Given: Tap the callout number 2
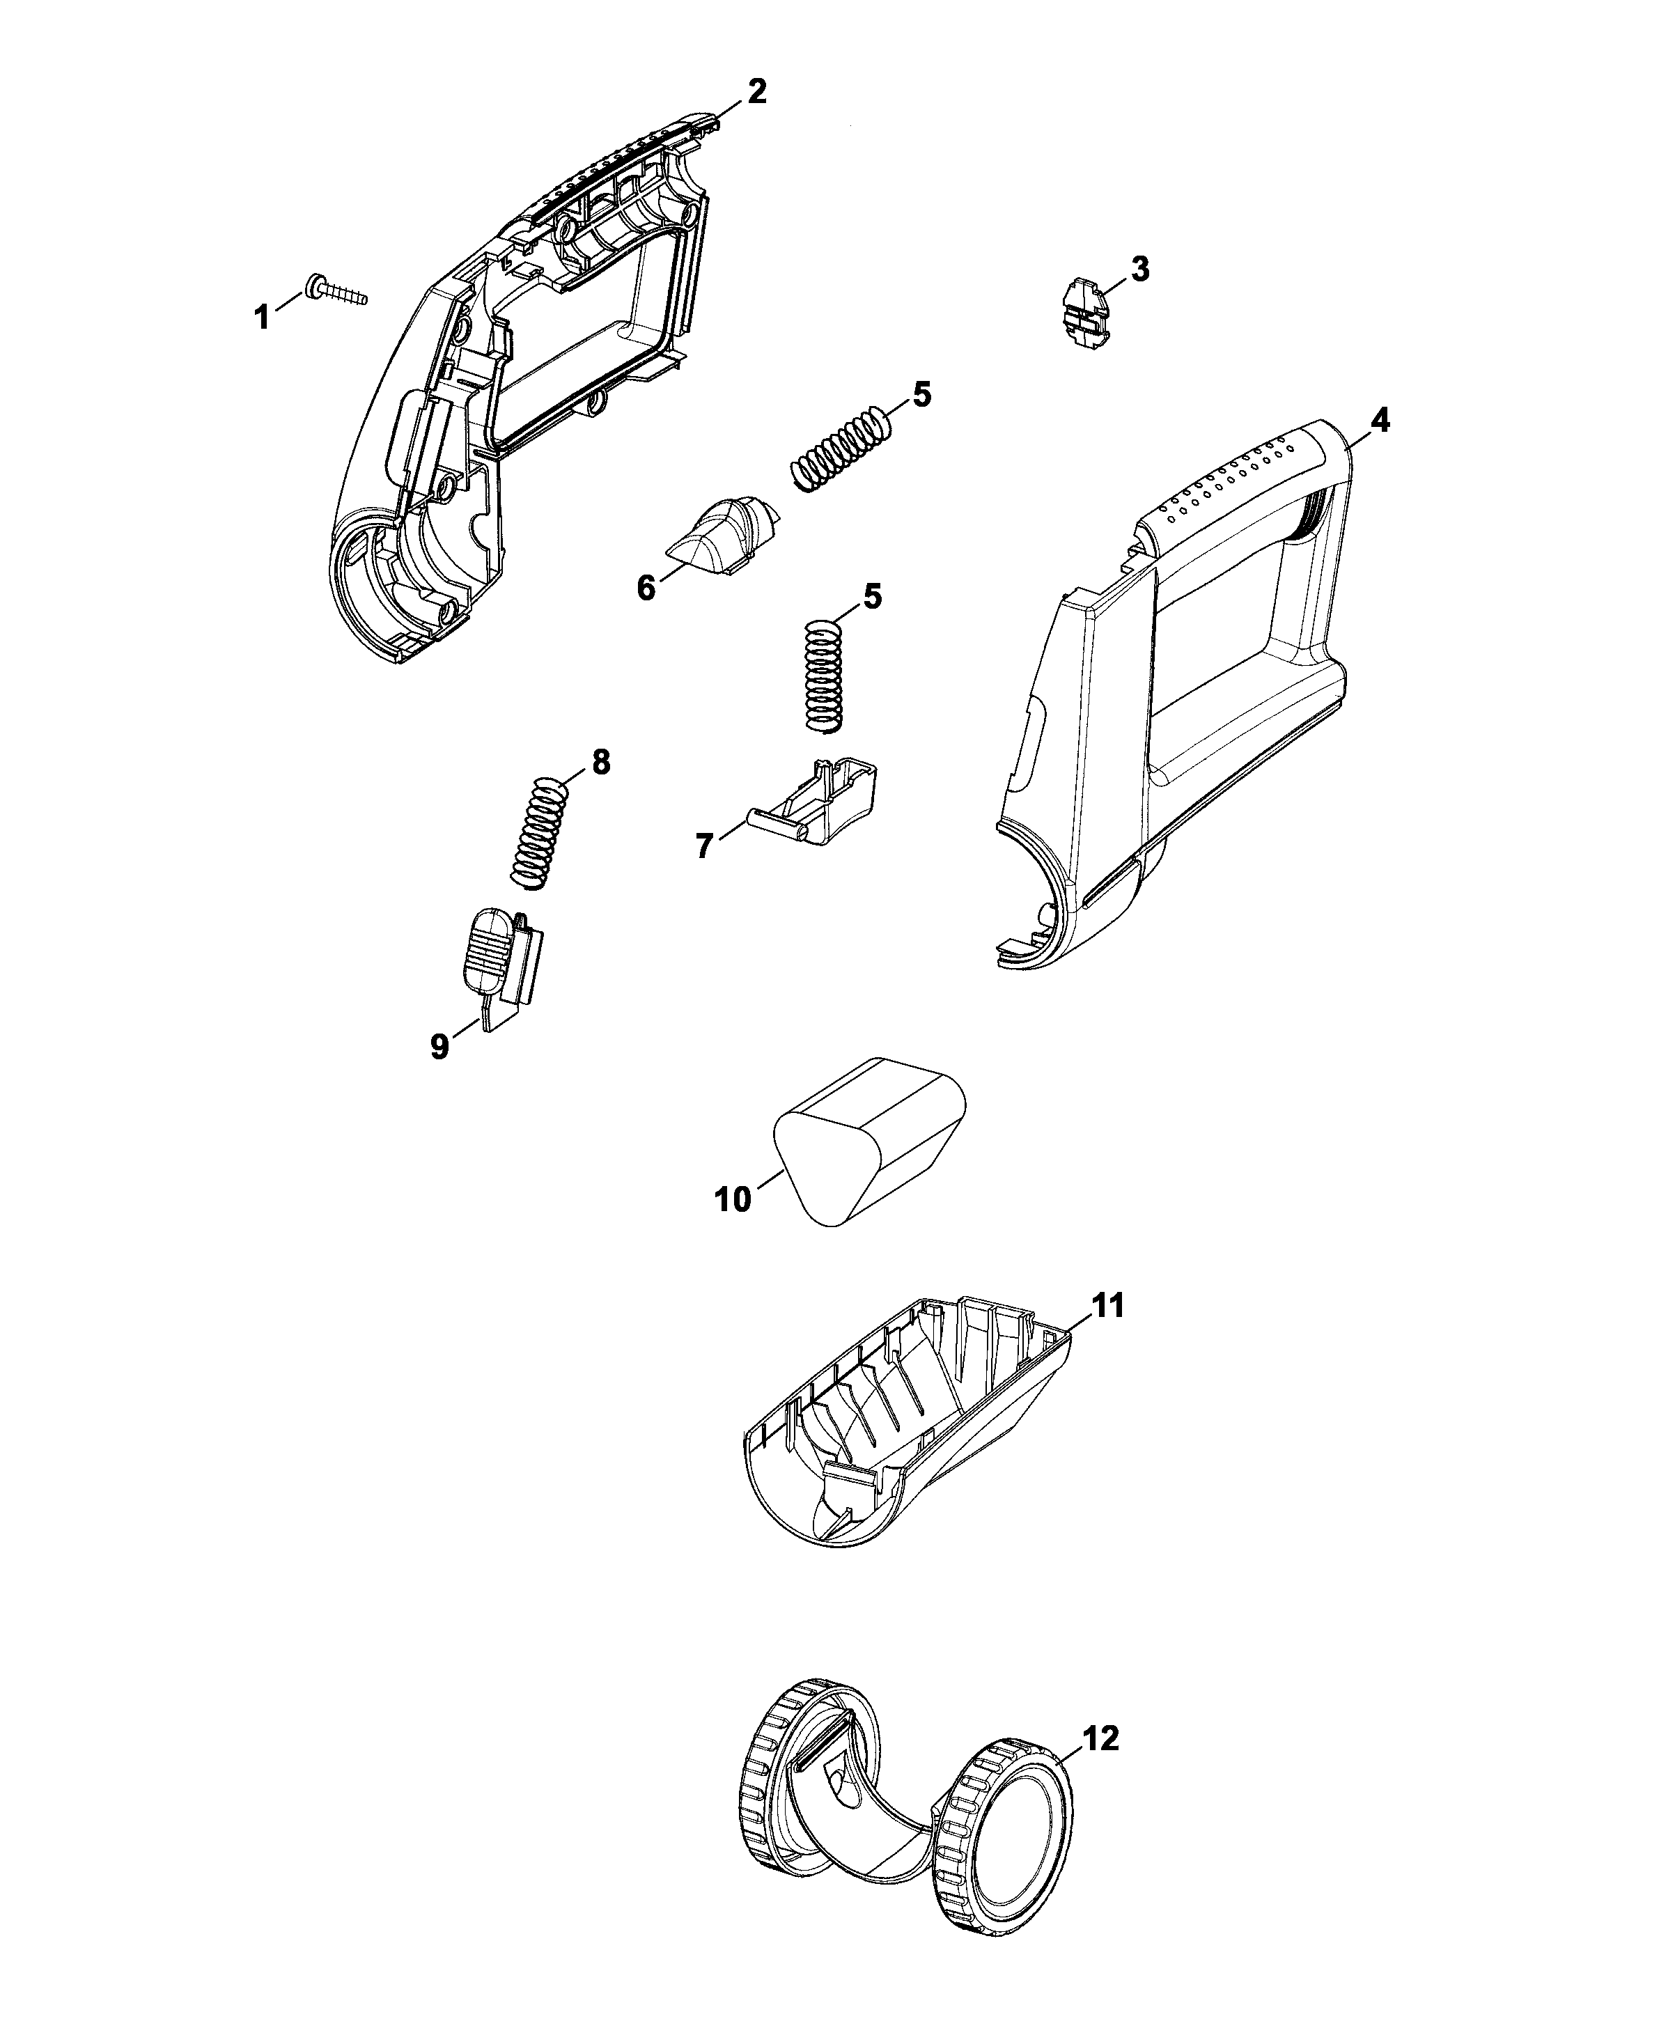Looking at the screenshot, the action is (757, 91).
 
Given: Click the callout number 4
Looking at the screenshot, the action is (1379, 420).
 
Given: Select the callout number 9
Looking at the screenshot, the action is (439, 1046).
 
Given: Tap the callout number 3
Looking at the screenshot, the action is (1139, 270).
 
